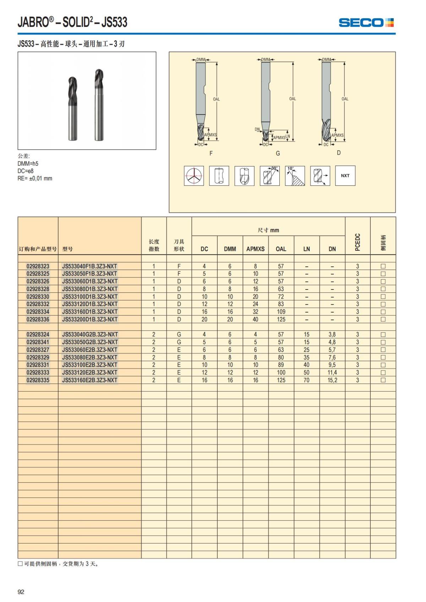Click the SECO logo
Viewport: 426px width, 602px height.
tap(366, 23)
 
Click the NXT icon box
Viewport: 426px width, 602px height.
tap(345, 176)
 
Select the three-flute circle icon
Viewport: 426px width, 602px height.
tap(194, 176)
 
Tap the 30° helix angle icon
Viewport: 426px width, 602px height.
tap(269, 176)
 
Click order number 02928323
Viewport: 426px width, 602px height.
tap(38, 266)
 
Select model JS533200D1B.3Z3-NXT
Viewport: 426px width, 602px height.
tap(89, 319)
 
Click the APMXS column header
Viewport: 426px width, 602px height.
tap(255, 249)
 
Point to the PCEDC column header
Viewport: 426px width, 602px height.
tap(357, 242)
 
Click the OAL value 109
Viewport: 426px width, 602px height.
tap(281, 312)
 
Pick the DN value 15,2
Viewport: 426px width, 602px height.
tap(332, 380)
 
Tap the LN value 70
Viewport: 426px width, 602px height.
tap(306, 380)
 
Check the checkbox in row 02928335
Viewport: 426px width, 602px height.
tap(383, 380)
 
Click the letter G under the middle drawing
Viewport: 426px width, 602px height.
tap(278, 153)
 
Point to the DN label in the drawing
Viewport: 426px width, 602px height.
tap(257, 129)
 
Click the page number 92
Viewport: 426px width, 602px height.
tap(21, 592)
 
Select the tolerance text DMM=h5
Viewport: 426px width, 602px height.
tap(28, 164)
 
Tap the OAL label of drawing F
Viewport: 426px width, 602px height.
tap(216, 99)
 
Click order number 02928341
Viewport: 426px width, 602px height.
tap(38, 342)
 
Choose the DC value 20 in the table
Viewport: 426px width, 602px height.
tap(204, 319)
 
